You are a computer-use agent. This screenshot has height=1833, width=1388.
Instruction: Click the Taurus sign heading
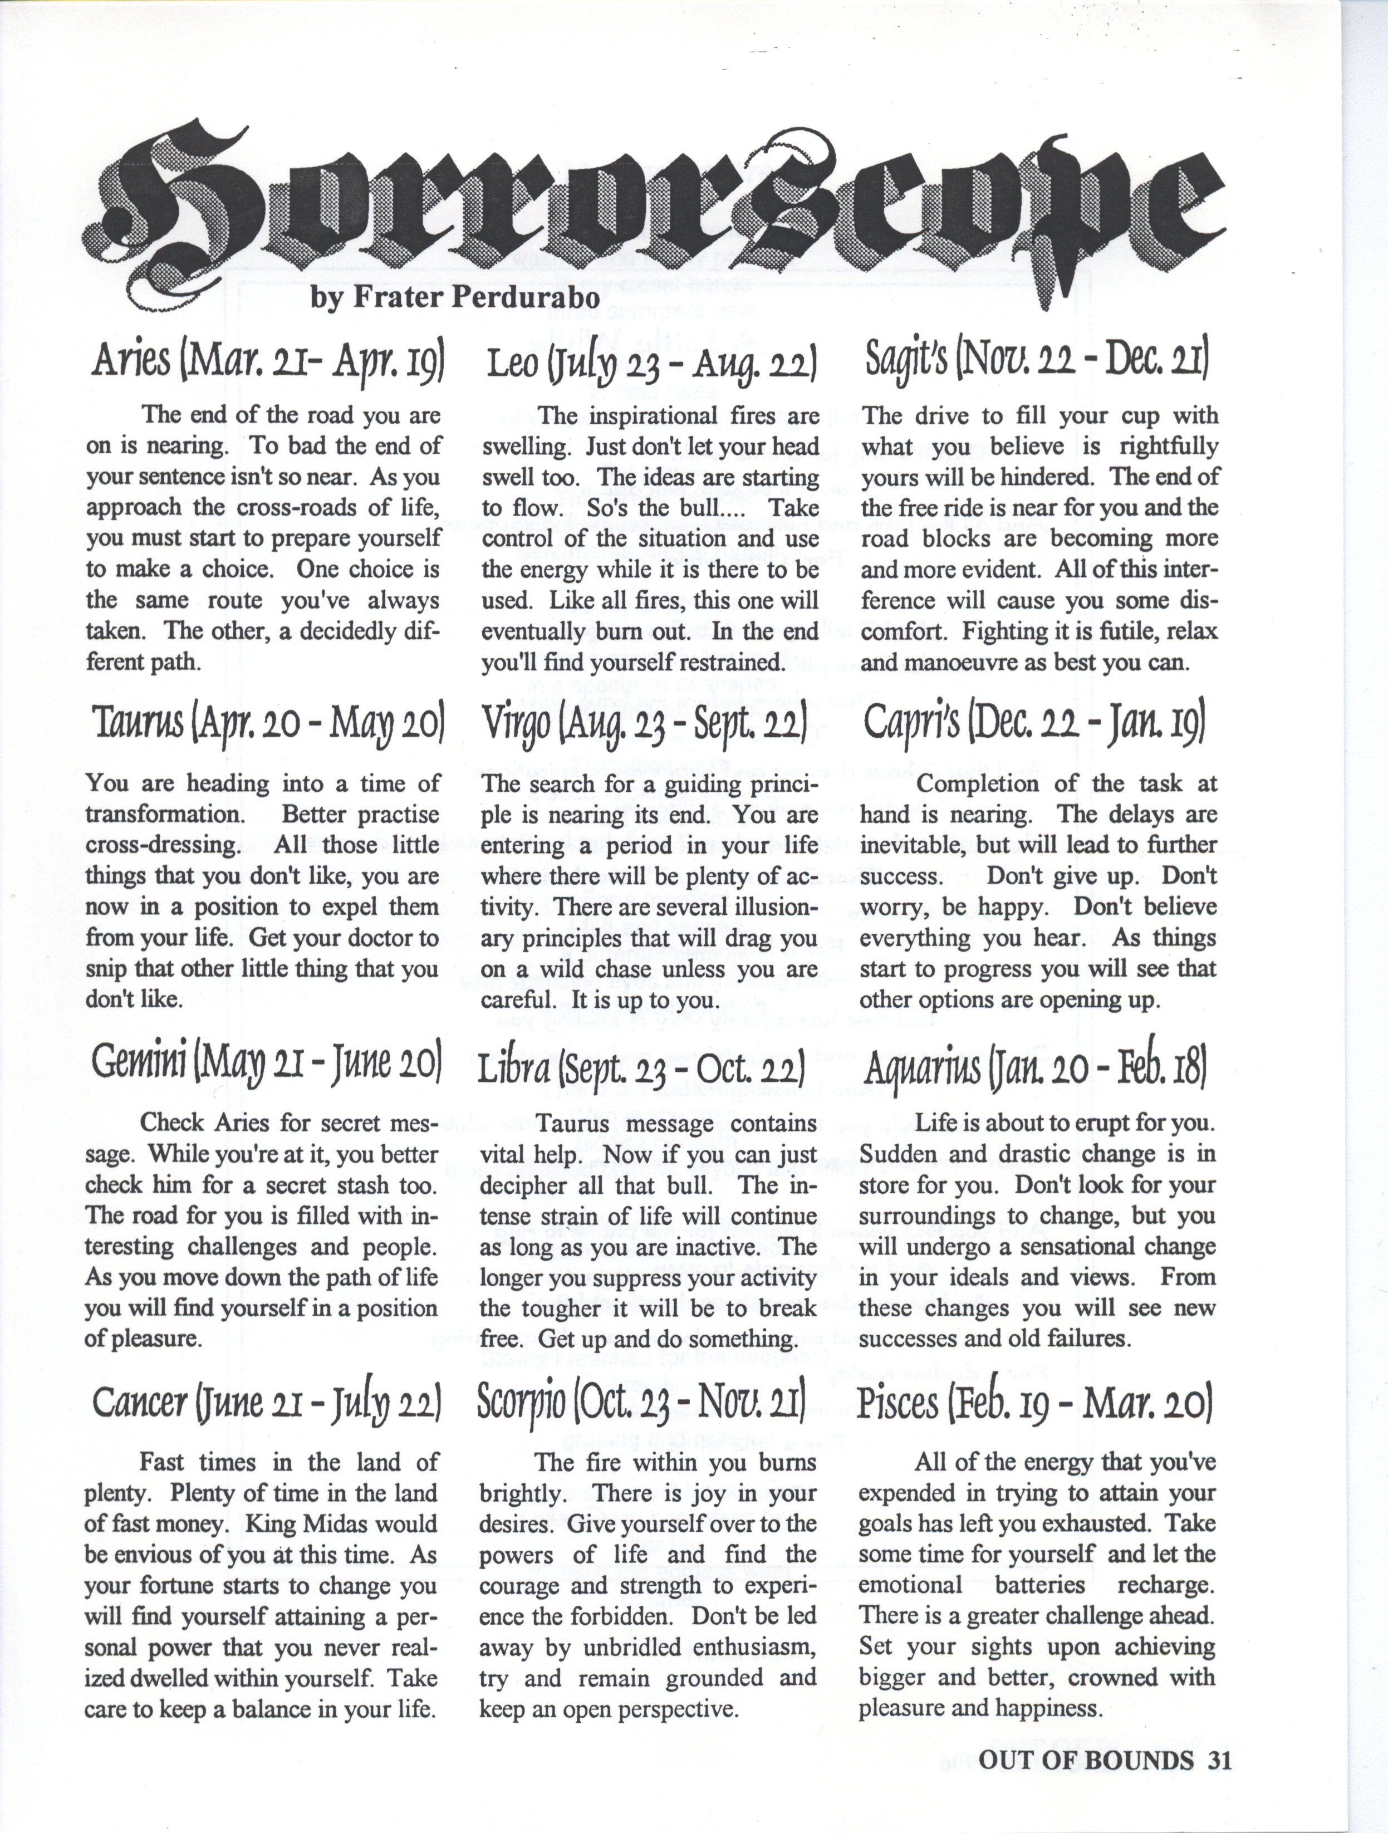pyautogui.click(x=266, y=723)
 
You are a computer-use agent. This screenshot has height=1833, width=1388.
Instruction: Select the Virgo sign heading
pyautogui.click(x=645, y=723)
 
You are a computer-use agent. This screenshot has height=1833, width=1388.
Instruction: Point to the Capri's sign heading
pyautogui.click(x=1034, y=723)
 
